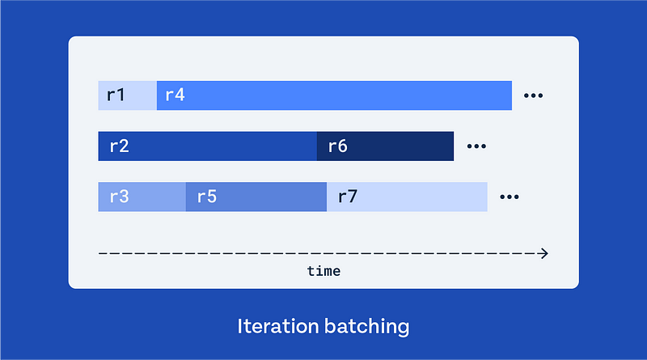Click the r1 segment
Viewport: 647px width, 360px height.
pyautogui.click(x=128, y=95)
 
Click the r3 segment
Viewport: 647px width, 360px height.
pyautogui.click(x=142, y=197)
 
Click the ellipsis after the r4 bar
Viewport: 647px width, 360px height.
pyautogui.click(x=533, y=95)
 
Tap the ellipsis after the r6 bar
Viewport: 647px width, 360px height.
pyautogui.click(x=476, y=146)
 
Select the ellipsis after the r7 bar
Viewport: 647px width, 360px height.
pyautogui.click(x=509, y=197)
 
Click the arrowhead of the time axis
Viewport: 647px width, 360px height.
pyautogui.click(x=543, y=253)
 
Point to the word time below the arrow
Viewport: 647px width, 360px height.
pyautogui.click(x=323, y=271)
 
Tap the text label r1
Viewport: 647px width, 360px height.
pyautogui.click(x=116, y=95)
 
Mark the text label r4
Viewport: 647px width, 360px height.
pyautogui.click(x=175, y=95)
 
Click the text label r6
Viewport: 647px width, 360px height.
pyautogui.click(x=337, y=146)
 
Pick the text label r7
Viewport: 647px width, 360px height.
pyautogui.click(x=348, y=197)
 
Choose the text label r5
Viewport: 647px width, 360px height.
pyautogui.click(x=206, y=197)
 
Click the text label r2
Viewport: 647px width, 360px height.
pyautogui.click(x=119, y=146)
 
